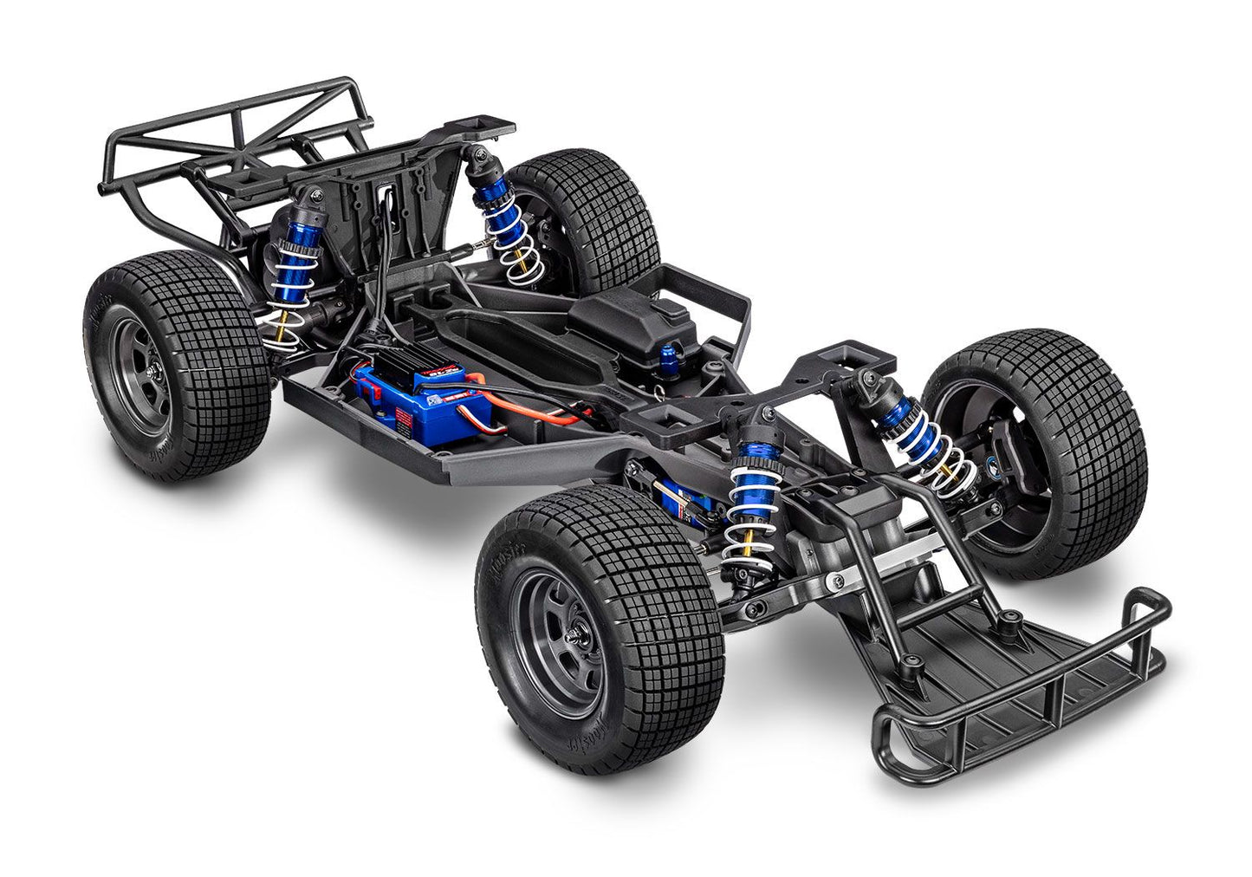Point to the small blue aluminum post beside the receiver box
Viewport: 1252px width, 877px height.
[645, 353]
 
